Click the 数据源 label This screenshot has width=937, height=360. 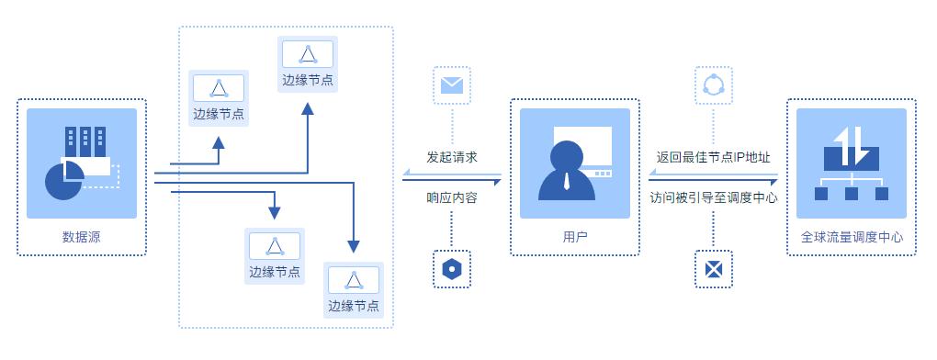[x=81, y=237]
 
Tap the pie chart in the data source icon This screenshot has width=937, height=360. [x=63, y=181]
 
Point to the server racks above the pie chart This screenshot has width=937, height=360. [x=84, y=142]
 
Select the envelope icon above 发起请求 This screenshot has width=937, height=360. [x=451, y=85]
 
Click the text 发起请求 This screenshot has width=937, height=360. [x=452, y=157]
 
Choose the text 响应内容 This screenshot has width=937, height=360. [x=452, y=197]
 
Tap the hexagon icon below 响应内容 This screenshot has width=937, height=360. [x=451, y=270]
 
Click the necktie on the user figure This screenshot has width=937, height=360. [x=567, y=182]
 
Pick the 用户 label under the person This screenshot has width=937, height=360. [x=575, y=237]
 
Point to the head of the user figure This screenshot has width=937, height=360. [x=567, y=154]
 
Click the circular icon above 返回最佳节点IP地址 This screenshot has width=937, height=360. [x=714, y=85]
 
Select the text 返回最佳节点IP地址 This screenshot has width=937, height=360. [x=714, y=157]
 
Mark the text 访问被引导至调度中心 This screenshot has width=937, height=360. [x=714, y=197]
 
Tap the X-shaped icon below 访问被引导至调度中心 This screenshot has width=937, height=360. [x=714, y=270]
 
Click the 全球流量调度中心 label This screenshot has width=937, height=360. [x=852, y=237]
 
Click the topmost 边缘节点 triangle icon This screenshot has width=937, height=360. [x=308, y=53]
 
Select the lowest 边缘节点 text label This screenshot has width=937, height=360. [x=355, y=306]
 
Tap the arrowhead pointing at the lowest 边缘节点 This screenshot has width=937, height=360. [x=354, y=246]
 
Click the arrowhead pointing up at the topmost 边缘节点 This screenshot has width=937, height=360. [x=308, y=108]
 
